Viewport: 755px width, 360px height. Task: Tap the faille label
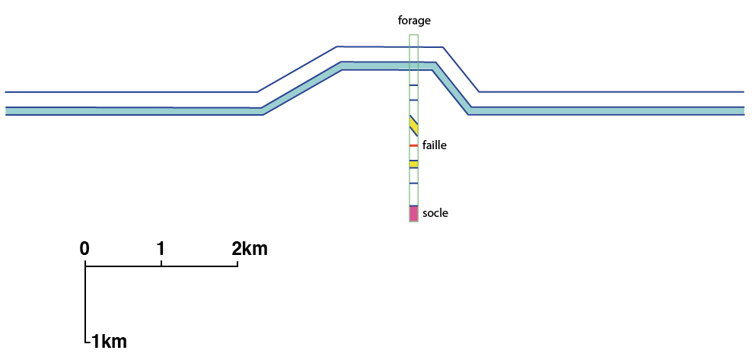(x=434, y=145)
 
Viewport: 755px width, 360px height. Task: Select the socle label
(x=435, y=213)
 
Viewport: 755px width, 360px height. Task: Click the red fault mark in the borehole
(x=413, y=145)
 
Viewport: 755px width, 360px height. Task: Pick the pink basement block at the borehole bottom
(x=413, y=214)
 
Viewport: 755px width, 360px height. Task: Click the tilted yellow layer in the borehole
(x=413, y=125)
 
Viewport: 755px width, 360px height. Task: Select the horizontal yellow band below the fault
(x=413, y=164)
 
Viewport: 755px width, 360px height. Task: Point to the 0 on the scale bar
(x=84, y=249)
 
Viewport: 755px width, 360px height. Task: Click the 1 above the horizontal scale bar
(x=161, y=249)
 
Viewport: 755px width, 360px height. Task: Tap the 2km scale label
(x=250, y=249)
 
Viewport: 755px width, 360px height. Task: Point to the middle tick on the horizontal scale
(x=161, y=263)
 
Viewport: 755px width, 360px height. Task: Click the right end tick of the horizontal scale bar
(x=237, y=263)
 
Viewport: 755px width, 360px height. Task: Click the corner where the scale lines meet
(x=85, y=266)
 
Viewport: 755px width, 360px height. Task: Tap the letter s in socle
(x=425, y=214)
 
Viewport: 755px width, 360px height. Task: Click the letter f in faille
(x=424, y=145)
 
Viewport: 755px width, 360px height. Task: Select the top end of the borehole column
(x=413, y=36)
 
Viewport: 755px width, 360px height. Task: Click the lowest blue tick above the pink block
(x=413, y=205)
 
